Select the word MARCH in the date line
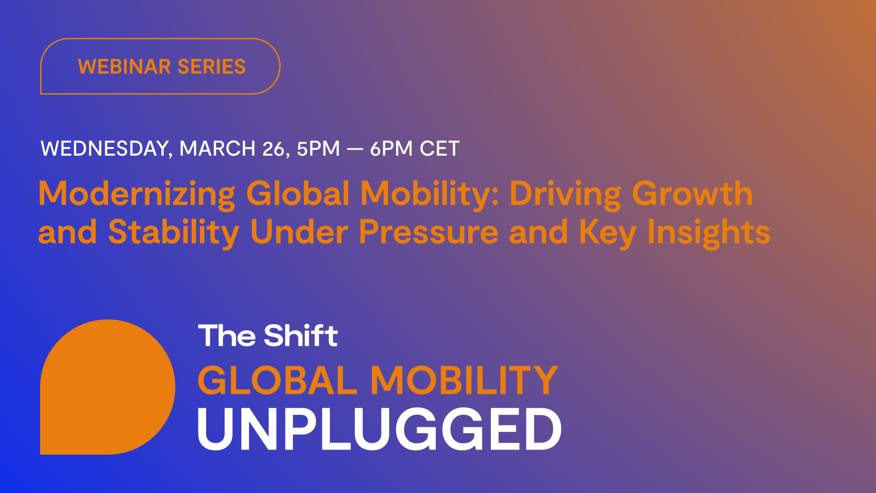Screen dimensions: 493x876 point(217,149)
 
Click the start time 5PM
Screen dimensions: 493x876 point(318,149)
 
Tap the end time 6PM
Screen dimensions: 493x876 point(391,149)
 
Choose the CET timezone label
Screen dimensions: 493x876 point(439,149)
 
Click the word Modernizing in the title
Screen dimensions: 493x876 point(136,194)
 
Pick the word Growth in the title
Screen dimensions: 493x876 point(692,194)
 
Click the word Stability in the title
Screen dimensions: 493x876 point(173,232)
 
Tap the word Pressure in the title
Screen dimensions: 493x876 point(428,232)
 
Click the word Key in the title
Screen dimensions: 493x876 point(607,232)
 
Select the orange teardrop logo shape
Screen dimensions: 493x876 point(107,387)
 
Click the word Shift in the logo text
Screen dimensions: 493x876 point(301,336)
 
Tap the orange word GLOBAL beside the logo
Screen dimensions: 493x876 point(277,380)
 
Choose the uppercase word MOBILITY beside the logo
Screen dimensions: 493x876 point(464,380)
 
